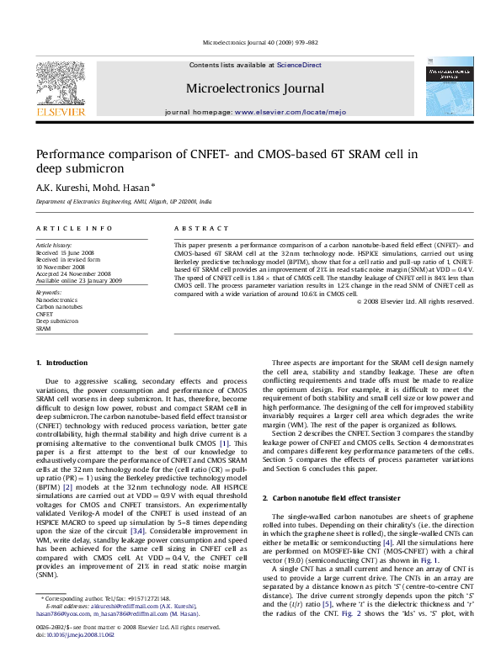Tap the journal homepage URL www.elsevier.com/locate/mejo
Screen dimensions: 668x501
pyautogui.click(x=279, y=111)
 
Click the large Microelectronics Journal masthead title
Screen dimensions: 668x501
pyautogui.click(x=255, y=88)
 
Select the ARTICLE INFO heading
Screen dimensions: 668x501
pyautogui.click(x=72, y=228)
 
